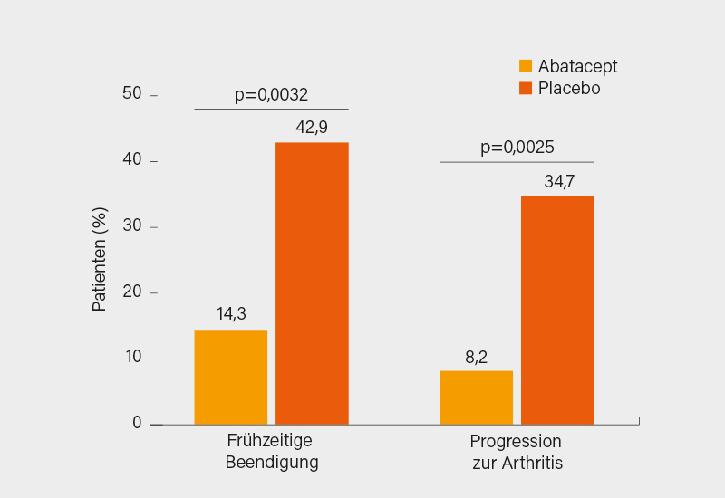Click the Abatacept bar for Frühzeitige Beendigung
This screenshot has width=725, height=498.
(x=230, y=378)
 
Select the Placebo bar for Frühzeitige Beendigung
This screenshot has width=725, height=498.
(x=312, y=283)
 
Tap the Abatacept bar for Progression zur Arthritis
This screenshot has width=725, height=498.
(x=476, y=397)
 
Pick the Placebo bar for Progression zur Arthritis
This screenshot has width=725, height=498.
(x=557, y=311)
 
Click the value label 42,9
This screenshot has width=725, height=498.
(x=312, y=127)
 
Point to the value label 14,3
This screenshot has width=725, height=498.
(x=231, y=315)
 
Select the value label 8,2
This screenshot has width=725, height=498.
(x=477, y=356)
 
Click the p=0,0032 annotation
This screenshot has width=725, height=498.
(x=271, y=94)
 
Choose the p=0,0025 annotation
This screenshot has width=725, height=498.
(x=517, y=148)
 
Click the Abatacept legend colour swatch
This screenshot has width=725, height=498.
(x=526, y=66)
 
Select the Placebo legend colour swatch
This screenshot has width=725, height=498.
(x=526, y=89)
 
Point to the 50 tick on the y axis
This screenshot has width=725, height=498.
(x=132, y=94)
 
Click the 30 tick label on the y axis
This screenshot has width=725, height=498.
(x=132, y=226)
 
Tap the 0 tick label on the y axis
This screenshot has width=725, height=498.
(x=138, y=423)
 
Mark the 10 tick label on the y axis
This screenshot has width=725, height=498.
(x=132, y=358)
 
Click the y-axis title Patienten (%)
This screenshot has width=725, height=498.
(x=100, y=259)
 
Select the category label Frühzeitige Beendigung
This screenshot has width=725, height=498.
(x=271, y=452)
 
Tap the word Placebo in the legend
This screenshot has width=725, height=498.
(x=569, y=89)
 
